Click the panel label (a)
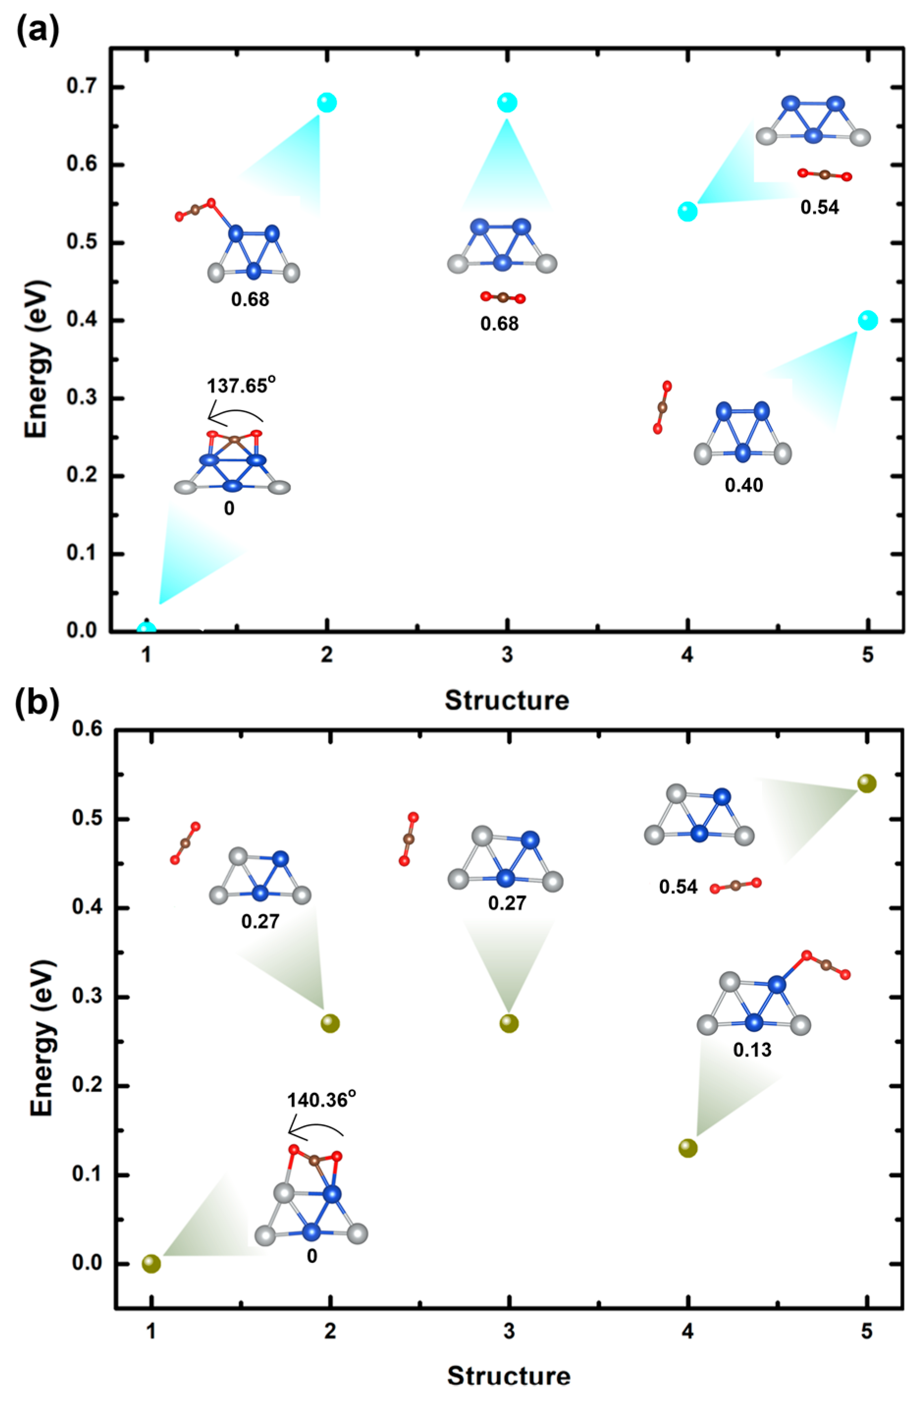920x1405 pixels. (37, 31)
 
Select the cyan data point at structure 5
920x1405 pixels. (867, 320)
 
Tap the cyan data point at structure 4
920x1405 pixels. (687, 212)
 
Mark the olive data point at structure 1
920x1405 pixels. (151, 1263)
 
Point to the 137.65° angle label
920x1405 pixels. (241, 386)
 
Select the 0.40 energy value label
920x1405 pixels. (743, 485)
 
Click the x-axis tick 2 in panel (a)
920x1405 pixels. (326, 656)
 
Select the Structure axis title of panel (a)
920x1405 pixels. (506, 700)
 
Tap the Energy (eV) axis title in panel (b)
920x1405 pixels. (43, 998)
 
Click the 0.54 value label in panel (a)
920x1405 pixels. (819, 207)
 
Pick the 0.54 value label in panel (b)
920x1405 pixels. (678, 887)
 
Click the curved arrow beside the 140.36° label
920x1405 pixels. (315, 1129)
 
